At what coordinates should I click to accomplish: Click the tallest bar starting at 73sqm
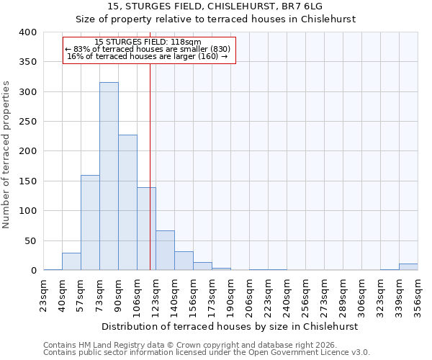109,176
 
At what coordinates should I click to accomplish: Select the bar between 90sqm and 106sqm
127,202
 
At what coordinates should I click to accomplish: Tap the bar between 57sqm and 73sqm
90,222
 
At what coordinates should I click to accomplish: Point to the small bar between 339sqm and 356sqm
408,267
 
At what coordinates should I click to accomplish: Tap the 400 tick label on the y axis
27,32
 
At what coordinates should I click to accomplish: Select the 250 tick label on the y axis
27,122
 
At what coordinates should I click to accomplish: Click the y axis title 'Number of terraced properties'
7,154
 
